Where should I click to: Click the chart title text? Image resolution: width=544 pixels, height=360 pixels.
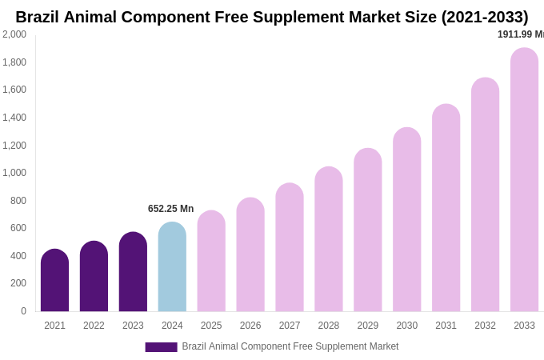[x=272, y=17]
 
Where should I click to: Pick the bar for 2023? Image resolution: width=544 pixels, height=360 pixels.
[x=133, y=272]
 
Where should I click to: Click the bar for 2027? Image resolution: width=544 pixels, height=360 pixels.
[x=290, y=247]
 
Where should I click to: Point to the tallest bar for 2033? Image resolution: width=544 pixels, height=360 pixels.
[x=524, y=180]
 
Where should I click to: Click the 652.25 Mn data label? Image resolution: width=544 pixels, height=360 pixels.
[x=170, y=209]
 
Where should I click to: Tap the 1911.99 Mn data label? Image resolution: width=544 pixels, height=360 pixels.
[x=520, y=34]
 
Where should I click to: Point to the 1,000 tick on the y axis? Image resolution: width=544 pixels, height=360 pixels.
[x=14, y=173]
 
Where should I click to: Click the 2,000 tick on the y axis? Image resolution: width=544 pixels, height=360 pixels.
[x=14, y=34]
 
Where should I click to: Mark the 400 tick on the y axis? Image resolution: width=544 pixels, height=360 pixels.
[x=18, y=256]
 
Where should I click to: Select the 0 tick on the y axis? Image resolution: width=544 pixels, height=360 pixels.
[x=23, y=311]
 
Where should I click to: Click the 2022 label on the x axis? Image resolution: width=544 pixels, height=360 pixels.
[x=94, y=326]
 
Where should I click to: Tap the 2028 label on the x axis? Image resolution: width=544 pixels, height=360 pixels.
[x=329, y=326]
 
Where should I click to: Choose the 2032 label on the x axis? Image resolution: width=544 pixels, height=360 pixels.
[x=485, y=326]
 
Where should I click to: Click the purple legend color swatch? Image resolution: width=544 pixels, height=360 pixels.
[x=161, y=347]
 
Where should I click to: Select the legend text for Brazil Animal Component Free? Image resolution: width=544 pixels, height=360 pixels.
[x=290, y=346]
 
